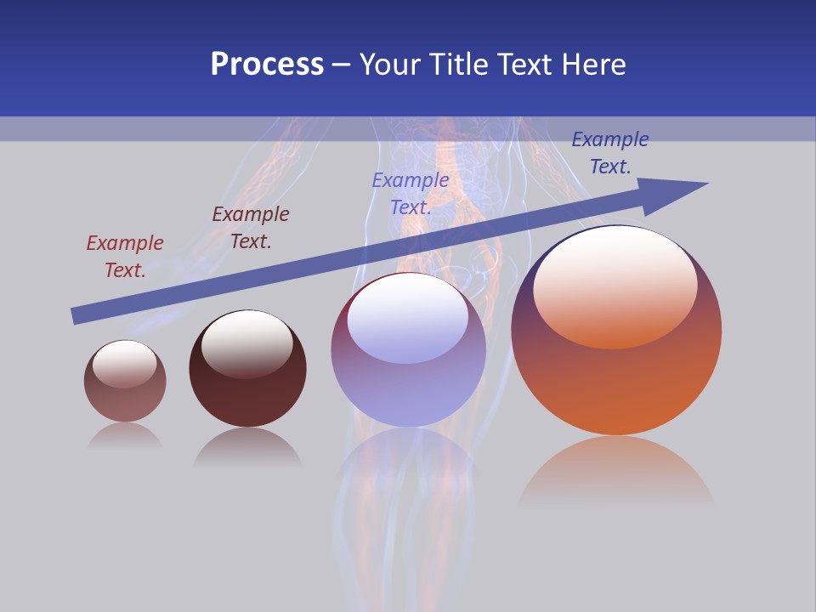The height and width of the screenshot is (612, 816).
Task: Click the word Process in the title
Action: point(267,65)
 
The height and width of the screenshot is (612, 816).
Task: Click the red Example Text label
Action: point(125,257)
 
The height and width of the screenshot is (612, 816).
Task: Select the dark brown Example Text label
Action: point(251,228)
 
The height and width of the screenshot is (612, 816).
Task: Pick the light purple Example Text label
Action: point(411,193)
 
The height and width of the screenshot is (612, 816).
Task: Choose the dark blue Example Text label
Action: point(609,153)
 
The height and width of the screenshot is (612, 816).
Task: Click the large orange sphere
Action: point(616,382)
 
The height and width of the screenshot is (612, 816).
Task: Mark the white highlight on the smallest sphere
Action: point(125,363)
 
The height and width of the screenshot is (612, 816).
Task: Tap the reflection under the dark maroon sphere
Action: point(247,446)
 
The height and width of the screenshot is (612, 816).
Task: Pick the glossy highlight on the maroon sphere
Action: point(247,343)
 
